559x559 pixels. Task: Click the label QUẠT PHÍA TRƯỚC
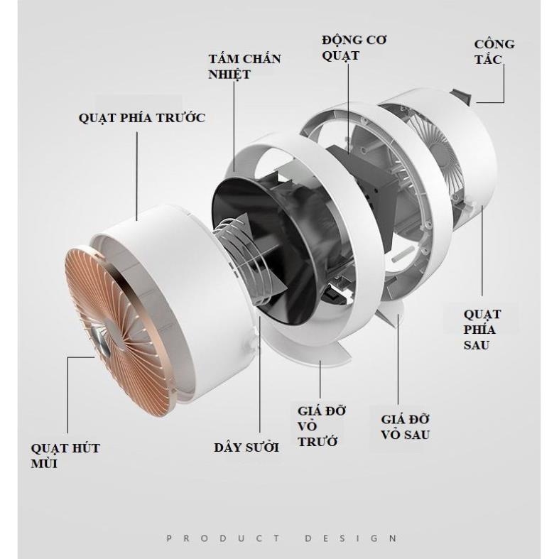[142, 118]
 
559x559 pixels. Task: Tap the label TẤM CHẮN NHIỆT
[244, 67]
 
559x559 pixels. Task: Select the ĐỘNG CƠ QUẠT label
[354, 48]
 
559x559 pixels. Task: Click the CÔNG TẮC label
[494, 52]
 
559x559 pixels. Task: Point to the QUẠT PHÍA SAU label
[482, 330]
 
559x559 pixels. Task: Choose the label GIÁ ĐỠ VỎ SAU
[406, 427]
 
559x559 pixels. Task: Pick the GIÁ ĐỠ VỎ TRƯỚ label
[322, 426]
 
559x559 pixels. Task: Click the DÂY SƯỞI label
[246, 447]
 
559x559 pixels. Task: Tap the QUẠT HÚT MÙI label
[65, 456]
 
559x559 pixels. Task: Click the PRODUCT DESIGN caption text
[281, 538]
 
